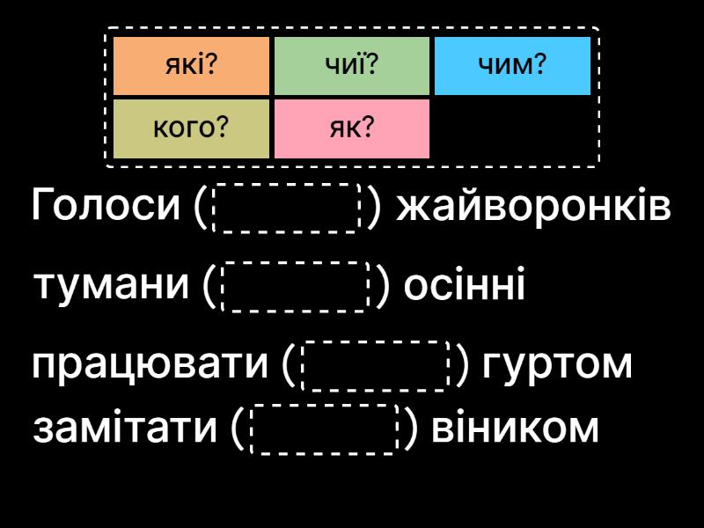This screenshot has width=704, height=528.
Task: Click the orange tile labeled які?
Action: point(191,65)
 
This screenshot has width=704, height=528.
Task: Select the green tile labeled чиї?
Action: point(352,65)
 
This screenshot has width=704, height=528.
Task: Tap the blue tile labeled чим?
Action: point(512,65)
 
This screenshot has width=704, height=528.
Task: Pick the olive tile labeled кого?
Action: point(191,128)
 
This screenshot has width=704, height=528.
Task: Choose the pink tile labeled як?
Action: point(352,128)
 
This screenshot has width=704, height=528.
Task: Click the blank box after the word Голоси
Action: point(287,208)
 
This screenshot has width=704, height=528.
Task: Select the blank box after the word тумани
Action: point(295,286)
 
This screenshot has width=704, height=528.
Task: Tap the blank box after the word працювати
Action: point(376,365)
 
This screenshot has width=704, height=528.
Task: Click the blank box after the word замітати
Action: point(326,429)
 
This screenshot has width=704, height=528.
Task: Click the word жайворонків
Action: point(533,208)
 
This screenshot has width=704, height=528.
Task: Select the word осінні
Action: point(464,286)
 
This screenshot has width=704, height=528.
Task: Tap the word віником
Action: point(510,429)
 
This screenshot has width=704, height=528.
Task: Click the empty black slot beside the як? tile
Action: point(512,128)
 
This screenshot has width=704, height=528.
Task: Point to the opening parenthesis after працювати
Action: point(290,365)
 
